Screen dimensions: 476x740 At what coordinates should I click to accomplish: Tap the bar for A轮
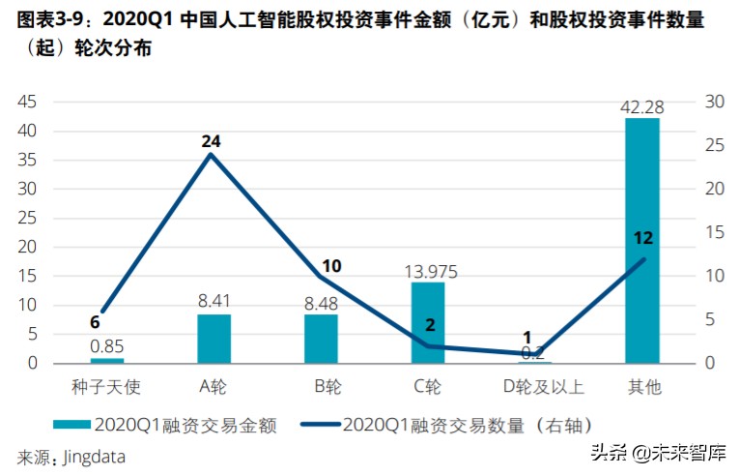[x=213, y=339]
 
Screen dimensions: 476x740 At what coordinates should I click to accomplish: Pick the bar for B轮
[x=321, y=339]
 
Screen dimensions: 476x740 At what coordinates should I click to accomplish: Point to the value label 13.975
[x=428, y=272]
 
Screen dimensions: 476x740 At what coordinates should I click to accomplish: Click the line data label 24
[x=212, y=141]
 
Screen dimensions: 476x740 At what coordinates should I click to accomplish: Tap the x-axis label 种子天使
[x=106, y=387]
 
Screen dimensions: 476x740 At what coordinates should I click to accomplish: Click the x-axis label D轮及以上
[x=534, y=387]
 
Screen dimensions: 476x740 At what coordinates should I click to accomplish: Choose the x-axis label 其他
[x=642, y=387]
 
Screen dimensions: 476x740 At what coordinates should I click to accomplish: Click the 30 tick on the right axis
[x=713, y=102]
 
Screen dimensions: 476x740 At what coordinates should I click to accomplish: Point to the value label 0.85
[x=106, y=345]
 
